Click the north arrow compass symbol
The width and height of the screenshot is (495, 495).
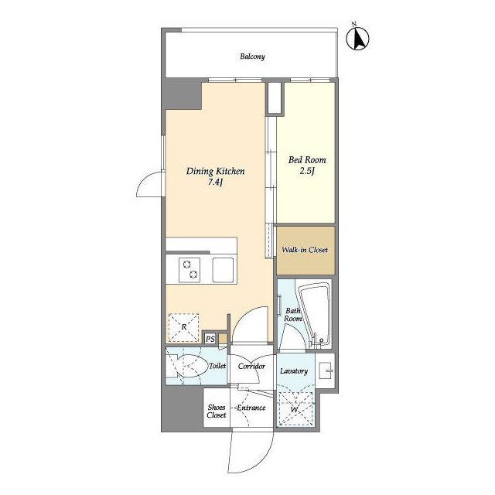click(x=357, y=38)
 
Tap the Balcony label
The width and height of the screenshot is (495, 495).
click(x=252, y=56)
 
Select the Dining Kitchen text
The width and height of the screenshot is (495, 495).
click(x=215, y=171)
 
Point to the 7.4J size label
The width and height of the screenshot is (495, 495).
click(x=215, y=183)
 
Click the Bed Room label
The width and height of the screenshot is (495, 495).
click(x=307, y=160)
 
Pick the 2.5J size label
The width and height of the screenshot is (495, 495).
click(x=308, y=171)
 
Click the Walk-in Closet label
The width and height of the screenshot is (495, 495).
click(x=305, y=250)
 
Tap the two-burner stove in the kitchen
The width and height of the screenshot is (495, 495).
click(x=189, y=270)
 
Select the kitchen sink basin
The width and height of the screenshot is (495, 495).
click(x=223, y=270)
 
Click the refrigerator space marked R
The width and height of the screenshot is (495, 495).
click(x=184, y=328)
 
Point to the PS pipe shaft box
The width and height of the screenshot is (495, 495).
click(x=210, y=339)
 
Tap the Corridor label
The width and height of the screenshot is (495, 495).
click(x=251, y=366)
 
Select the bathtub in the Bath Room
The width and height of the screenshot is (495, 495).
click(x=315, y=315)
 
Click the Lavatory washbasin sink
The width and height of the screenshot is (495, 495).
click(x=325, y=370)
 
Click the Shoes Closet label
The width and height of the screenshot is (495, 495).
click(x=217, y=411)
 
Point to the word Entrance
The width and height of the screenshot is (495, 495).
click(x=251, y=408)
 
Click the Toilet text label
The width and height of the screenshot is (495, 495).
click(x=217, y=366)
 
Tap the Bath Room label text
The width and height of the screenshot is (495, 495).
click(x=293, y=315)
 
